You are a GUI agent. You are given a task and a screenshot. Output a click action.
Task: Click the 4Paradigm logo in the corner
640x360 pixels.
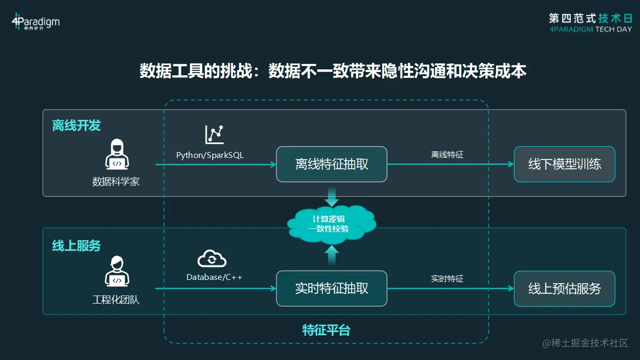pos(35,22)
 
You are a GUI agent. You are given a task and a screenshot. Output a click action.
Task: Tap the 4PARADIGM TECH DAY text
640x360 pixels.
pos(590,30)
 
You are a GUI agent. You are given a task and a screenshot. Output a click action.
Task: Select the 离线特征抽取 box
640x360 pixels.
pos(331,164)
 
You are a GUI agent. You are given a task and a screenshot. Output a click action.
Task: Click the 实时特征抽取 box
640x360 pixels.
pos(331,289)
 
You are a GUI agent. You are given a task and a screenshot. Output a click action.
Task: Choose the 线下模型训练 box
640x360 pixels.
pos(564,164)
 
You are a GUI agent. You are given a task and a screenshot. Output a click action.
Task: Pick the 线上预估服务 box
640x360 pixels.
pos(564,289)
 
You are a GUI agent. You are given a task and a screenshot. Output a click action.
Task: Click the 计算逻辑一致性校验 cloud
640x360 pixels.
pos(331,224)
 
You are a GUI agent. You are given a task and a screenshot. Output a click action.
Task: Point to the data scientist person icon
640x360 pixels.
pos(116,155)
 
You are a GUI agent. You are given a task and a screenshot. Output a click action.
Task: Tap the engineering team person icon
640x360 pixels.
pos(116,271)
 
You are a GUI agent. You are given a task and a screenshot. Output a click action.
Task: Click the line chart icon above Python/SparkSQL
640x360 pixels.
pos(214,134)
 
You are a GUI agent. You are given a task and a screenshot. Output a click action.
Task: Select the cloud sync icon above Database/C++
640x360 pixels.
pos(212,258)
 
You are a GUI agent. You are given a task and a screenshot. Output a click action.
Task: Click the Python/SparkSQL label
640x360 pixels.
pos(210,155)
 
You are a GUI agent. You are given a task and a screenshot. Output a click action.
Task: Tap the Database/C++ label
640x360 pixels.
pos(214,277)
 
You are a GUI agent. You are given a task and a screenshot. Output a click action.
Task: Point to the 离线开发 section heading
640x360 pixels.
pos(76,126)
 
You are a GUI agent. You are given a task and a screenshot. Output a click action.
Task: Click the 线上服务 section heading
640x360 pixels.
pos(76,246)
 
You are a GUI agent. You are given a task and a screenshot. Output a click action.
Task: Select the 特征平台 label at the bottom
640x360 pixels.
pos(326,330)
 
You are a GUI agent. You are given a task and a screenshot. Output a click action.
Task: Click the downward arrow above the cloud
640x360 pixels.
pos(332,197)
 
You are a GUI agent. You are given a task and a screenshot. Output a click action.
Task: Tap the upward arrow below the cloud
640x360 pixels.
pos(332,254)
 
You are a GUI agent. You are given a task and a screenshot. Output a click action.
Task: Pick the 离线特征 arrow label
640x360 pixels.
pos(447,155)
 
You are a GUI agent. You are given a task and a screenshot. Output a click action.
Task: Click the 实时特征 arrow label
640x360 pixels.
pos(447,279)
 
